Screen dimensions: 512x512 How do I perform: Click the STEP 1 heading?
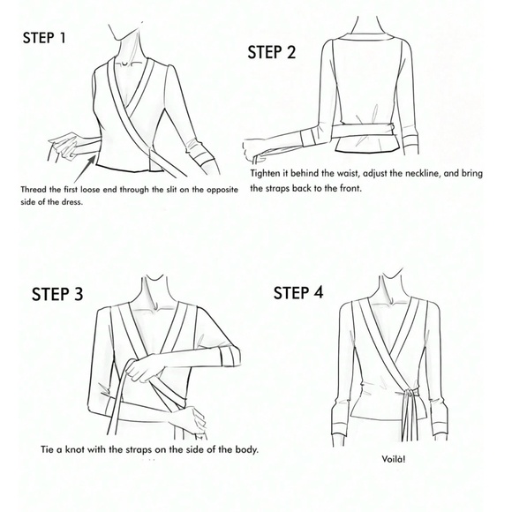pos(44,38)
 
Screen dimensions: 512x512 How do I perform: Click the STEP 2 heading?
pos(271,52)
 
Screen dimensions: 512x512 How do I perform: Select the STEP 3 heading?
pos(57,294)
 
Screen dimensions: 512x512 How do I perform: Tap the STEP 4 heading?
pos(298,292)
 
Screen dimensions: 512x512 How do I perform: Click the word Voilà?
pos(394,459)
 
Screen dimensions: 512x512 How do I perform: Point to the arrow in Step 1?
pos(85,169)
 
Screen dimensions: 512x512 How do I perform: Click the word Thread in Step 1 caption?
pos(31,190)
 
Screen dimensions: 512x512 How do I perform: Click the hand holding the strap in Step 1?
pos(64,144)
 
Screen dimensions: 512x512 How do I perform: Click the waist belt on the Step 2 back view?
pos(363,130)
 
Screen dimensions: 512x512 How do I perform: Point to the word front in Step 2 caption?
pos(351,188)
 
